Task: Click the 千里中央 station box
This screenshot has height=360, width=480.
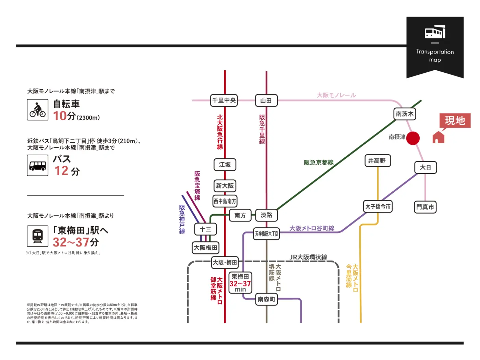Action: [x=224, y=100]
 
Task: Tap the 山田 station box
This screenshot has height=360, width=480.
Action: [x=266, y=100]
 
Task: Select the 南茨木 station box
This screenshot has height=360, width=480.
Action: [x=405, y=114]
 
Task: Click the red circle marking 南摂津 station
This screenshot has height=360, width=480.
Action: [x=413, y=138]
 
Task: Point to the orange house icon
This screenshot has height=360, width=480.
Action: [x=438, y=137]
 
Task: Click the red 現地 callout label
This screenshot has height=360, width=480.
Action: [x=455, y=121]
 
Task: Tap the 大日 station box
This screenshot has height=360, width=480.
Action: [x=425, y=167]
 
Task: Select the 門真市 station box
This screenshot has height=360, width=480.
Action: [x=425, y=207]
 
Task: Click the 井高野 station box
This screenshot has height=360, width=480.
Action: [x=377, y=160]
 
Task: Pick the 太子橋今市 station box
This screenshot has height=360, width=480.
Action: [x=378, y=206]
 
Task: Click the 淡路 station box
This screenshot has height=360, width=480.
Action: [x=266, y=215]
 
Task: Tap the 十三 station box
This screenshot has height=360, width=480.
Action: [x=205, y=229]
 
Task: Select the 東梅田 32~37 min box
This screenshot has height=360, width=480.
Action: [x=240, y=283]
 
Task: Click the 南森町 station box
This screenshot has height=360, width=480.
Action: [x=266, y=299]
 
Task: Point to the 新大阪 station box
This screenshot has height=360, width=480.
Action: [x=225, y=186]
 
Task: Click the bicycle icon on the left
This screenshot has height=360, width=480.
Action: [x=38, y=110]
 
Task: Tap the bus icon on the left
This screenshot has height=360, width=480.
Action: [x=38, y=165]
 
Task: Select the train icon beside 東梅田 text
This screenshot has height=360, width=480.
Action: [x=38, y=236]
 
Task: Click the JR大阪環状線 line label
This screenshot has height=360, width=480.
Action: [x=308, y=257]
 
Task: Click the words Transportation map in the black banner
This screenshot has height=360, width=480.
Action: [x=435, y=56]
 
